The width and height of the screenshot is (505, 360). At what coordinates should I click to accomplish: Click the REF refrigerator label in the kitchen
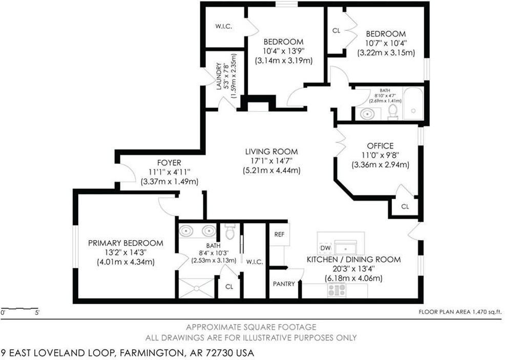(x=279, y=235)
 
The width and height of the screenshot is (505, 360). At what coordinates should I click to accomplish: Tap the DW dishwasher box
(x=326, y=248)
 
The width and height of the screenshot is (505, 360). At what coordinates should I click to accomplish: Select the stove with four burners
(x=337, y=290)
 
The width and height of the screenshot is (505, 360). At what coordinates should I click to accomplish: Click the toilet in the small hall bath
(x=393, y=112)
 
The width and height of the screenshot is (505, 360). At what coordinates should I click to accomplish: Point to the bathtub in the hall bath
(x=413, y=103)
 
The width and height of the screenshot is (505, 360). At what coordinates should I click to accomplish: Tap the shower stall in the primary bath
(x=197, y=288)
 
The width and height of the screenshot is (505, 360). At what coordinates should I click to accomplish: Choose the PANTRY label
(x=284, y=284)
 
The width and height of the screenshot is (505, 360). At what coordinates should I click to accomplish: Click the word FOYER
(x=169, y=163)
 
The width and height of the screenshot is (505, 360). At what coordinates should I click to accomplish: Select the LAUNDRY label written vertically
(x=219, y=76)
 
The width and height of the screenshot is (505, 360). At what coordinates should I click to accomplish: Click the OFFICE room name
(x=380, y=145)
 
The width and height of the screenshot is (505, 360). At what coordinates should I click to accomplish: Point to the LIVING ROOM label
(x=271, y=152)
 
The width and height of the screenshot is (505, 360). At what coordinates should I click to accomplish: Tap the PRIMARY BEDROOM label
(x=125, y=243)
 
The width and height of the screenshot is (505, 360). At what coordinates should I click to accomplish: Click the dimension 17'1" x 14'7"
(x=271, y=161)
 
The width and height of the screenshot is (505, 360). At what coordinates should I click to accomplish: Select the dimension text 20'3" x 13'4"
(x=353, y=268)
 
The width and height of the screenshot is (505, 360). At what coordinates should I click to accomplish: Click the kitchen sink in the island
(x=345, y=248)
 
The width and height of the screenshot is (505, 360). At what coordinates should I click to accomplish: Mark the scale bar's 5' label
(x=37, y=312)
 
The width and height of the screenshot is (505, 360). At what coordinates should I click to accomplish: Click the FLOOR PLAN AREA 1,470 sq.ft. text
(x=460, y=311)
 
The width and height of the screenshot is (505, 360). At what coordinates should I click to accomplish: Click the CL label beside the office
(x=405, y=206)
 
